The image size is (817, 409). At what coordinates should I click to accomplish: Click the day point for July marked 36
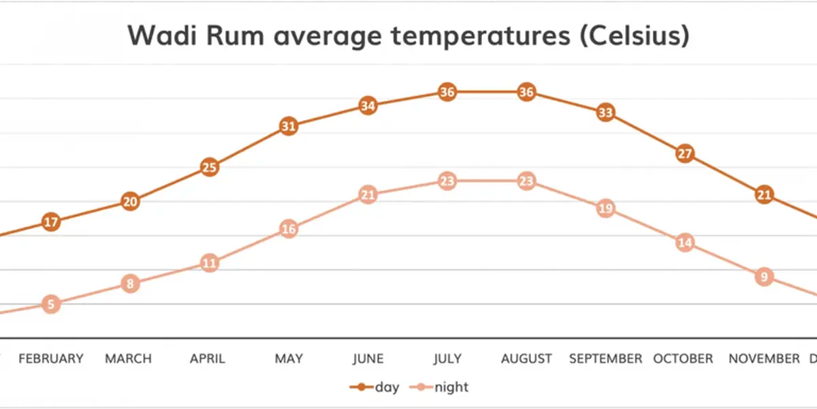click(447, 92)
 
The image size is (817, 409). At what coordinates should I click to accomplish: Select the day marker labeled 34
click(368, 106)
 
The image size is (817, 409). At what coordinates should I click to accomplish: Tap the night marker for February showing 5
click(51, 304)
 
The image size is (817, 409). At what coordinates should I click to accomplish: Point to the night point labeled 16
click(289, 229)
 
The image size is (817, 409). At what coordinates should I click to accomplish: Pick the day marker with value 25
click(210, 167)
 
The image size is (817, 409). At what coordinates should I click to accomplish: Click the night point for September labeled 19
click(605, 209)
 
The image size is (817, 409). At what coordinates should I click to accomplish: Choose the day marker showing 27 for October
click(685, 153)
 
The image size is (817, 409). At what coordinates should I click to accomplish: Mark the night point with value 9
click(764, 277)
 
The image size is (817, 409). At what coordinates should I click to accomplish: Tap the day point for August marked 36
click(526, 92)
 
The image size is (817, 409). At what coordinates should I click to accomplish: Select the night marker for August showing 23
click(526, 181)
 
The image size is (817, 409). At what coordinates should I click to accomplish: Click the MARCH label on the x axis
click(128, 359)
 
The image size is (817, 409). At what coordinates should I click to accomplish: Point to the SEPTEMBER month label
click(605, 359)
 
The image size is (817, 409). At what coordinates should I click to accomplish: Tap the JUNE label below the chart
click(368, 359)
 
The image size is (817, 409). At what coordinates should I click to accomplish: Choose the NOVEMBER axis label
click(764, 359)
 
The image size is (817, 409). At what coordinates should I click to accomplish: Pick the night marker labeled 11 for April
click(210, 263)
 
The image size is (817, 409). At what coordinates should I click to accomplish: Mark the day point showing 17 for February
click(51, 222)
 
